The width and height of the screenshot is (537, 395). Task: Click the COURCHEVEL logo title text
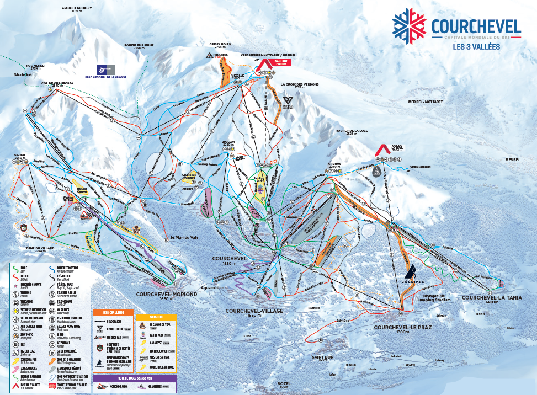point(476,26)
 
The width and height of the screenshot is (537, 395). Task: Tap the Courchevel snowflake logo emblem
point(410,26)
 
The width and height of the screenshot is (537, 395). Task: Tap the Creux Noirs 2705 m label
point(219,45)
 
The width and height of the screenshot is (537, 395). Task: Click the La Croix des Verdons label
point(300,86)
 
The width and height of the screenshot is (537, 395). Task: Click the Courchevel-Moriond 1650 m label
point(166,296)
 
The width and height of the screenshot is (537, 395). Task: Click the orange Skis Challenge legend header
point(113,312)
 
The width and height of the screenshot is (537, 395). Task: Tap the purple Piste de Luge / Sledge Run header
point(135,379)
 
